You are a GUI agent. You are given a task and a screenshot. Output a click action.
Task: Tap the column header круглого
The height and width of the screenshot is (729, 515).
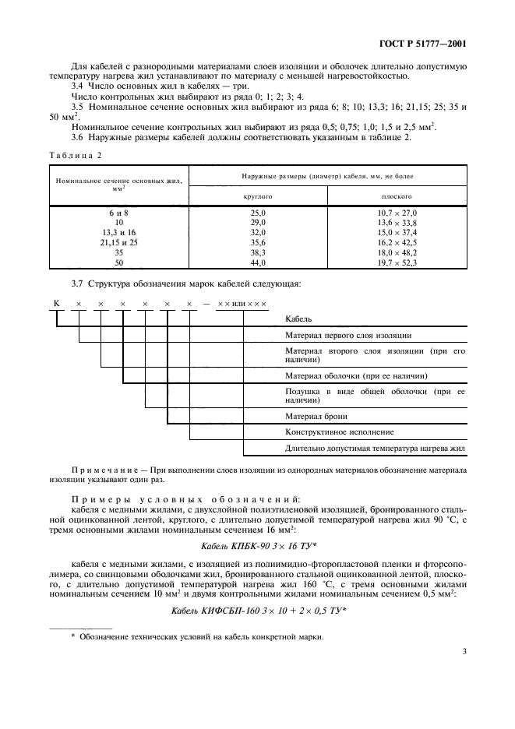pyautogui.click(x=258, y=197)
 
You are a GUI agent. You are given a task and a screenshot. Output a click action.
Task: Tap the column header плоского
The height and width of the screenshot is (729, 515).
pyautogui.click(x=397, y=197)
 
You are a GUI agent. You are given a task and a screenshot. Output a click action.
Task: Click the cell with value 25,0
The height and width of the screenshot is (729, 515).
pyautogui.click(x=258, y=212)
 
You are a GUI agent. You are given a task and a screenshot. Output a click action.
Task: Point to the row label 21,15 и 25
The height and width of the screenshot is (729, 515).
pyautogui.click(x=119, y=242)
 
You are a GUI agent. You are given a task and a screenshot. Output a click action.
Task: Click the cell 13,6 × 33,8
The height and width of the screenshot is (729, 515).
pyautogui.click(x=397, y=222)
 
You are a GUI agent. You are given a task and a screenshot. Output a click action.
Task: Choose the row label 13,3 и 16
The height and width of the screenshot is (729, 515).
pyautogui.click(x=119, y=232)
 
